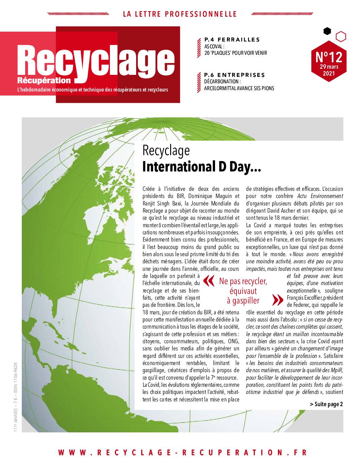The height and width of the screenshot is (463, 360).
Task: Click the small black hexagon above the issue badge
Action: [327, 31]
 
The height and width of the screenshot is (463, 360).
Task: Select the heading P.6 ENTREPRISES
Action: [234, 75]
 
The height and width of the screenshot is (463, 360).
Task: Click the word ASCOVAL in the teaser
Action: [214, 46]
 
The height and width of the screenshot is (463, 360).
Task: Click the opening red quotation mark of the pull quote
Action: [209, 281]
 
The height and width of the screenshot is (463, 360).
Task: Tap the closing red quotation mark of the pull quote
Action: [278, 300]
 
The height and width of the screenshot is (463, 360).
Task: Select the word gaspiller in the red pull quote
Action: [243, 300]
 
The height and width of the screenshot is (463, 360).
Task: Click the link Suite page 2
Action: [326, 404]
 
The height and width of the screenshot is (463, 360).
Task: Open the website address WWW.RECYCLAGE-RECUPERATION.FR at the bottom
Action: [182, 452]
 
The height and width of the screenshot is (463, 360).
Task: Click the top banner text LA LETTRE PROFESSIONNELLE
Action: [179, 14]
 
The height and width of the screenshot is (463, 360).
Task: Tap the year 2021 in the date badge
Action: [329, 73]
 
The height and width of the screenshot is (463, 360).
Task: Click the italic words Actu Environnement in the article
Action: [320, 196]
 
